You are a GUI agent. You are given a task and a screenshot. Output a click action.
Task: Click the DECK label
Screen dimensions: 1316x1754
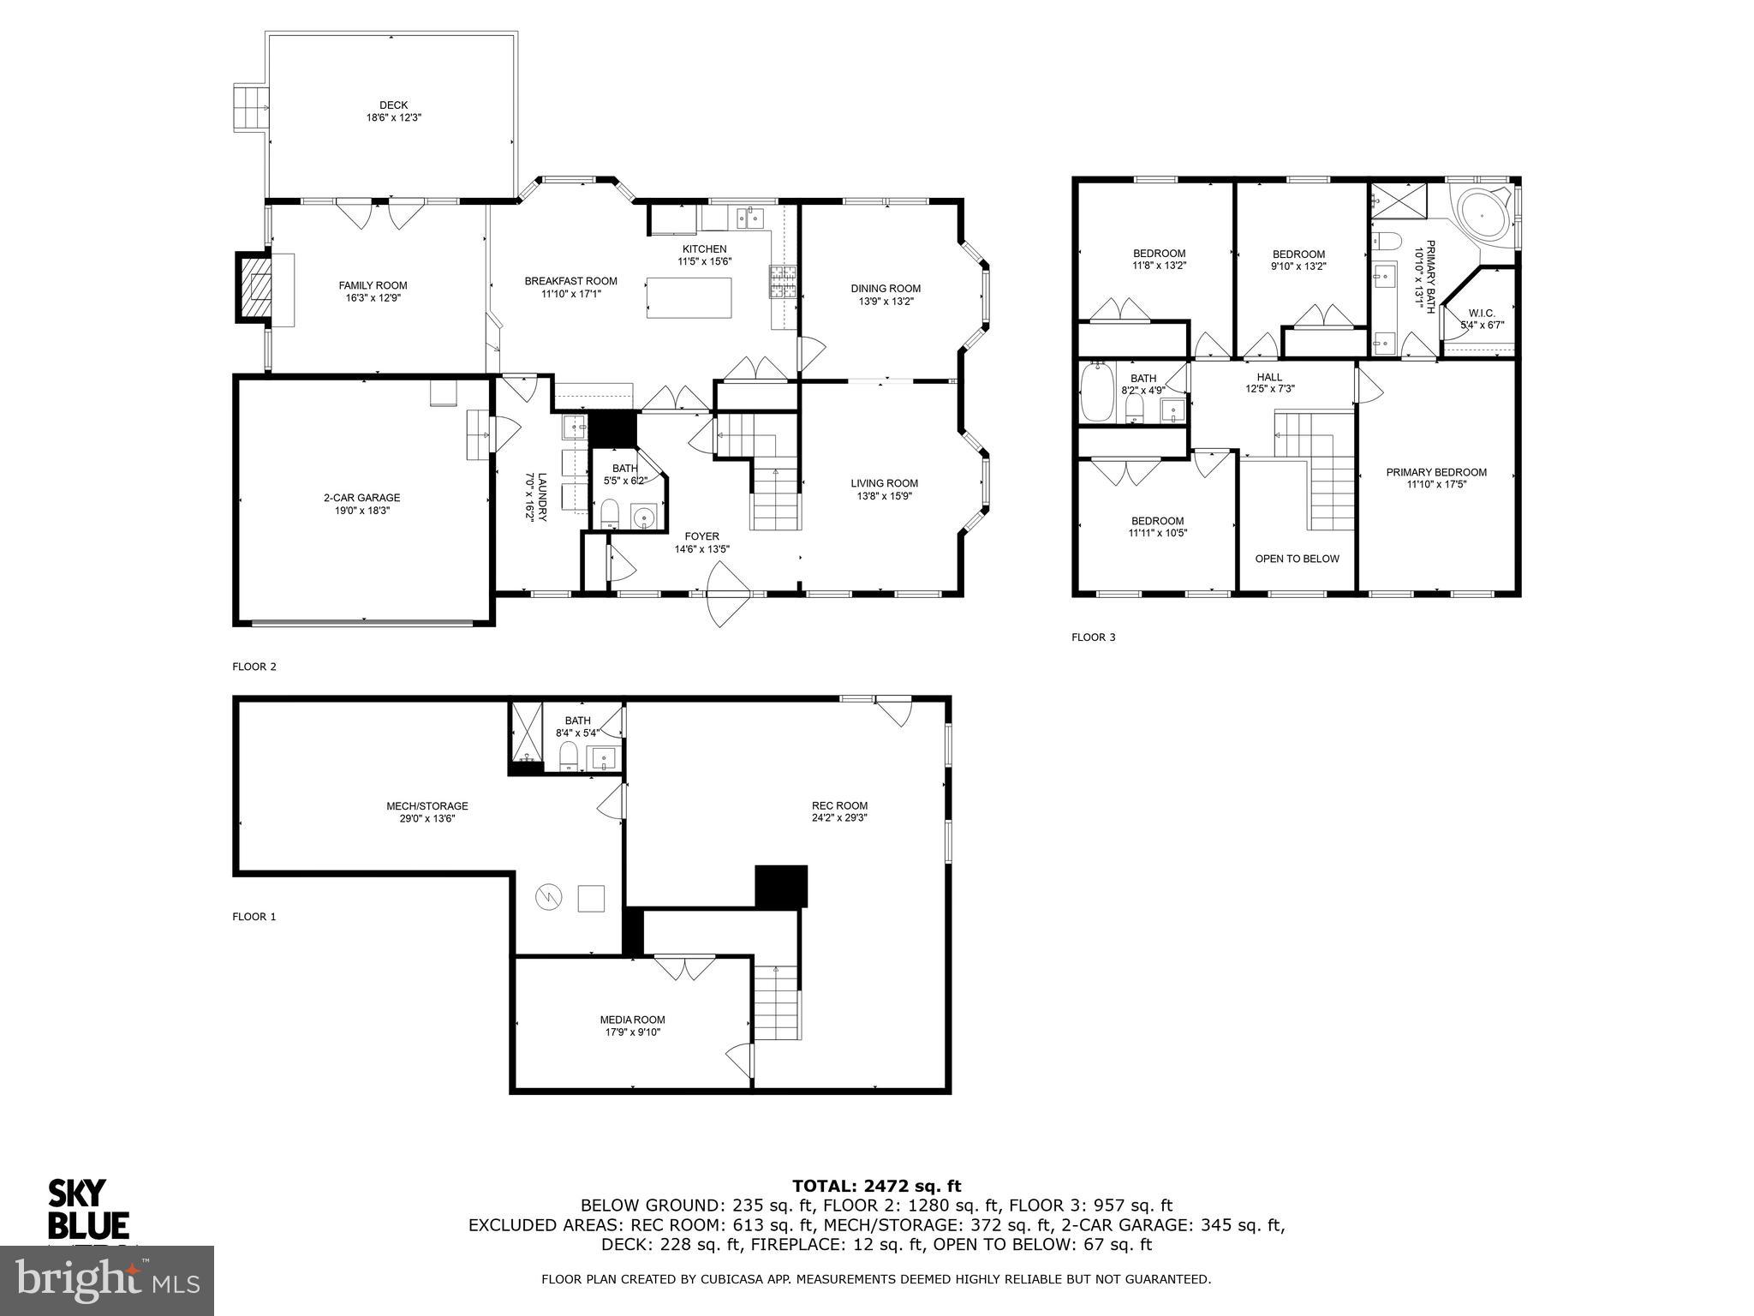[393, 105]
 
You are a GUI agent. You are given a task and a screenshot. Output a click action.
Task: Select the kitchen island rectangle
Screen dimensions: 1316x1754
[689, 297]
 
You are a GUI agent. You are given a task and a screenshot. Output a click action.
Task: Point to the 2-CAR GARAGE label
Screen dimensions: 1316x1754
[361, 498]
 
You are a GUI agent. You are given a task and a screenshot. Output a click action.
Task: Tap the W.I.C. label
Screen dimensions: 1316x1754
[1482, 313]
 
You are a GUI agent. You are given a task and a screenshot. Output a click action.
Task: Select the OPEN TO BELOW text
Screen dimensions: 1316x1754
[1297, 559]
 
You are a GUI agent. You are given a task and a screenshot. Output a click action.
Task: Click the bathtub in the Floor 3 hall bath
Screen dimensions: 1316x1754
[1097, 393]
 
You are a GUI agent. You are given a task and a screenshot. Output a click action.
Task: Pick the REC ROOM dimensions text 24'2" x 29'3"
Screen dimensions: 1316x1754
[839, 818]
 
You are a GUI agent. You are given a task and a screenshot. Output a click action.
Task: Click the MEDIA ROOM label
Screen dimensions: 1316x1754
[632, 1020]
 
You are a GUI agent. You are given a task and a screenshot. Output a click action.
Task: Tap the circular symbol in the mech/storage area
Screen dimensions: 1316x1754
[548, 897]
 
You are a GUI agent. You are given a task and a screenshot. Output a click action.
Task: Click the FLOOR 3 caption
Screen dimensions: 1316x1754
[1093, 637]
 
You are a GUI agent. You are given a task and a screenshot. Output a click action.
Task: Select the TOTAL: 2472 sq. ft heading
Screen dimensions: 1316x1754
[876, 1187]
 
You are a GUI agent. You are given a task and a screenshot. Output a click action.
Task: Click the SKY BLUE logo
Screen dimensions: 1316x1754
[87, 1209]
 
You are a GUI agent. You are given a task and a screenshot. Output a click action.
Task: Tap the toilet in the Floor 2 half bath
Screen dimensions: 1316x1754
[610, 514]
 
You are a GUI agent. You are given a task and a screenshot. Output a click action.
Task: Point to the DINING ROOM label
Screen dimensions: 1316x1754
[886, 289]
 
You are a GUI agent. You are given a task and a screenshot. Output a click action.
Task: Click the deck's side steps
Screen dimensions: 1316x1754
[249, 108]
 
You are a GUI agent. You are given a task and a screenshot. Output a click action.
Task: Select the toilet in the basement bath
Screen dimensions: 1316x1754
[568, 757]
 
